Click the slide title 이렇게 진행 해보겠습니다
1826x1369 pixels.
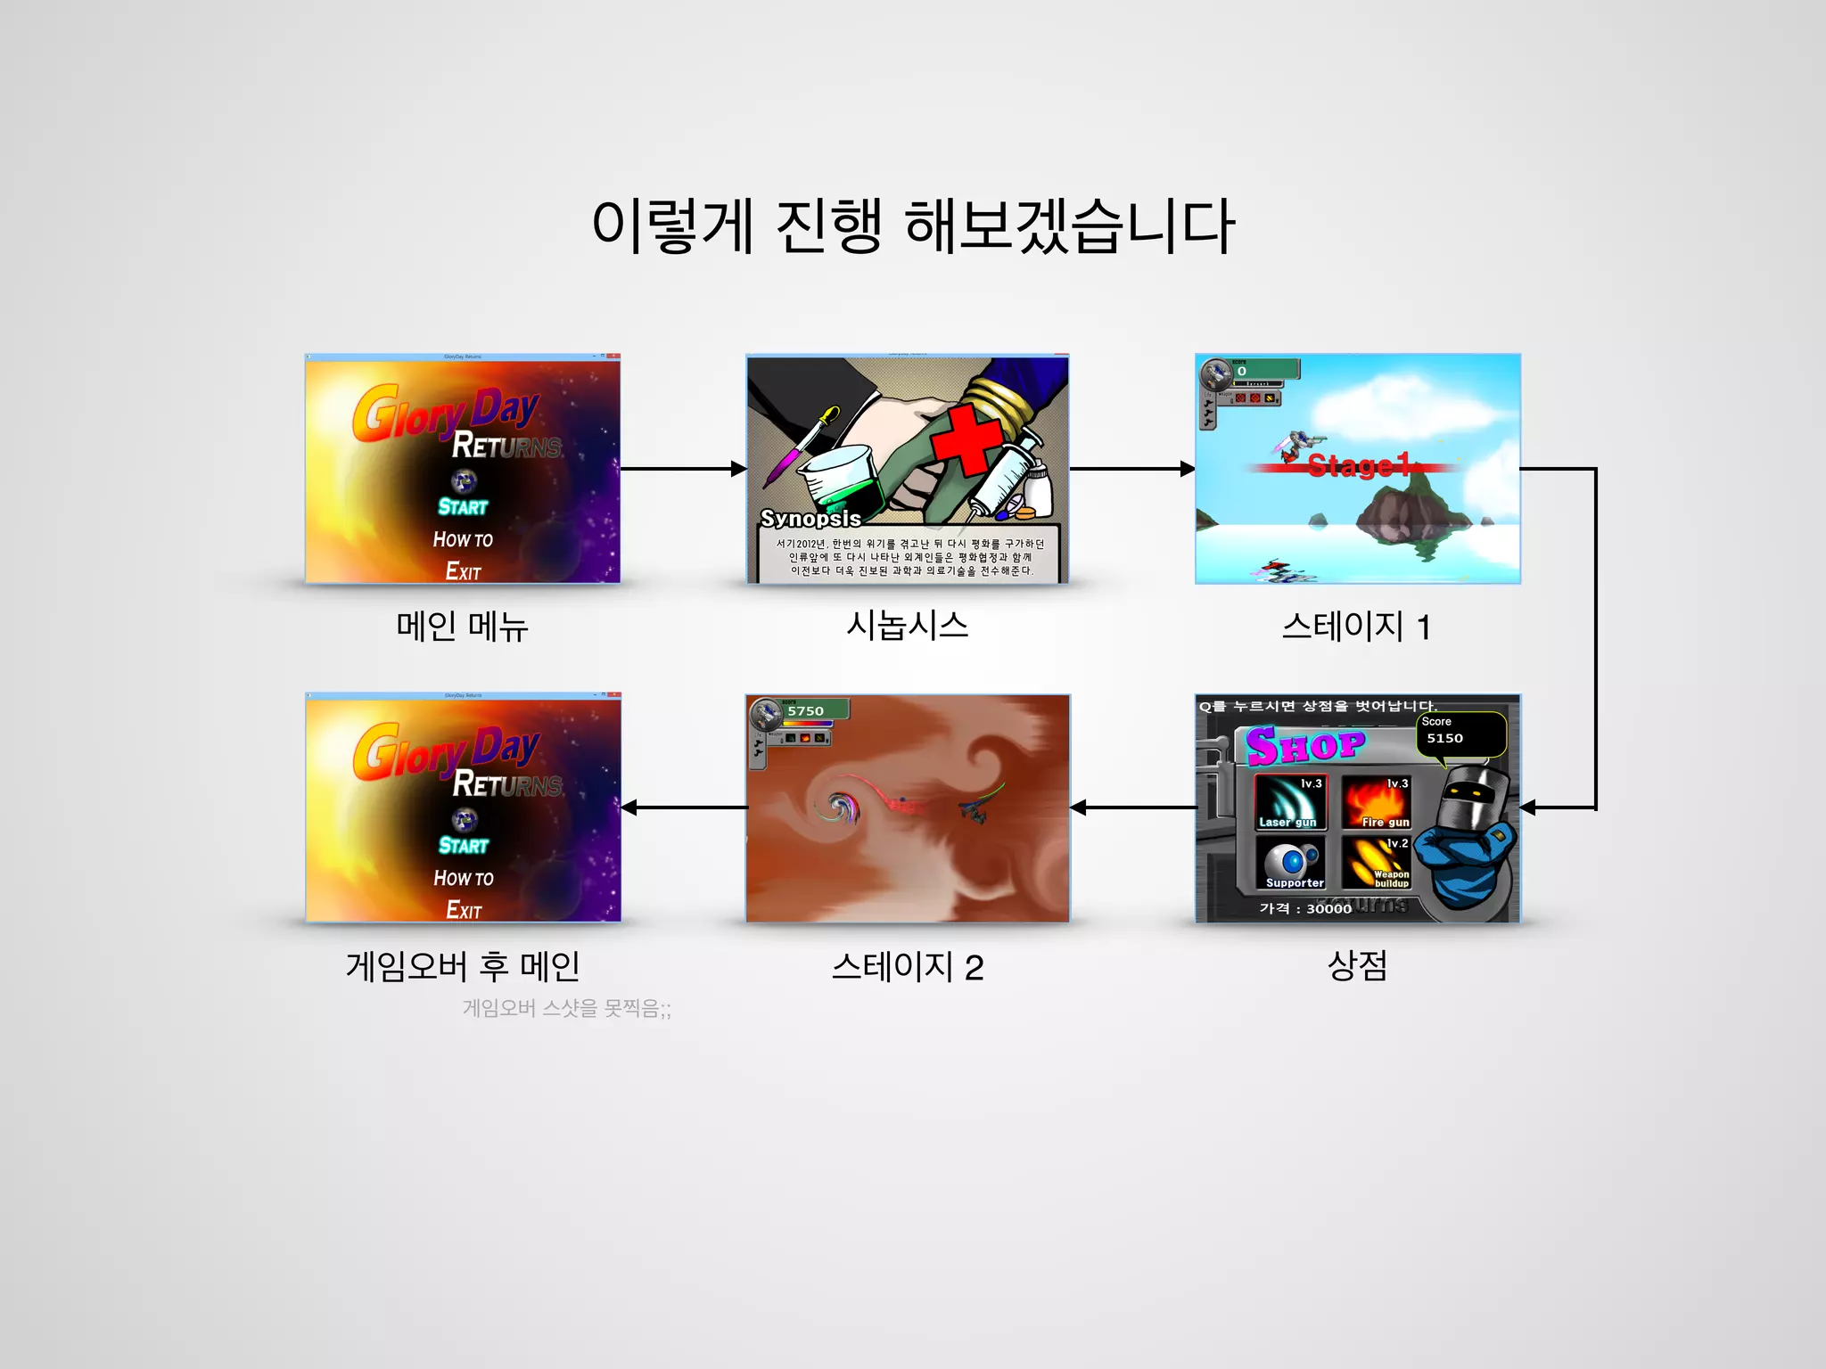click(913, 226)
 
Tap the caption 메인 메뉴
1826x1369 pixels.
click(462, 626)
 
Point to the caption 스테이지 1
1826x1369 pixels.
click(1356, 627)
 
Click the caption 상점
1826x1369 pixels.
click(1357, 965)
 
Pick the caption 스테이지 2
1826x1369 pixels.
click(907, 967)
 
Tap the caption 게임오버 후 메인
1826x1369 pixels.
click(462, 966)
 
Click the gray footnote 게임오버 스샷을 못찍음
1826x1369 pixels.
click(566, 1008)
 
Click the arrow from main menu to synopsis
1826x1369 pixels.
click(683, 469)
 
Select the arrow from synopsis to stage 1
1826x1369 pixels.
click(1131, 469)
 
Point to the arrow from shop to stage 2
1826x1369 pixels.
click(1132, 807)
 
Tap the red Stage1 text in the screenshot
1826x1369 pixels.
click(1358, 465)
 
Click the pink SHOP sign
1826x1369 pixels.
click(1305, 745)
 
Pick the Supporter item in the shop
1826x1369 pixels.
click(1289, 862)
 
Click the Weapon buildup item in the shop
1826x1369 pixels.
click(1377, 862)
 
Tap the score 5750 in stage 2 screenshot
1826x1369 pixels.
click(805, 711)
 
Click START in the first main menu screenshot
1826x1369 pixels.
click(463, 506)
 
